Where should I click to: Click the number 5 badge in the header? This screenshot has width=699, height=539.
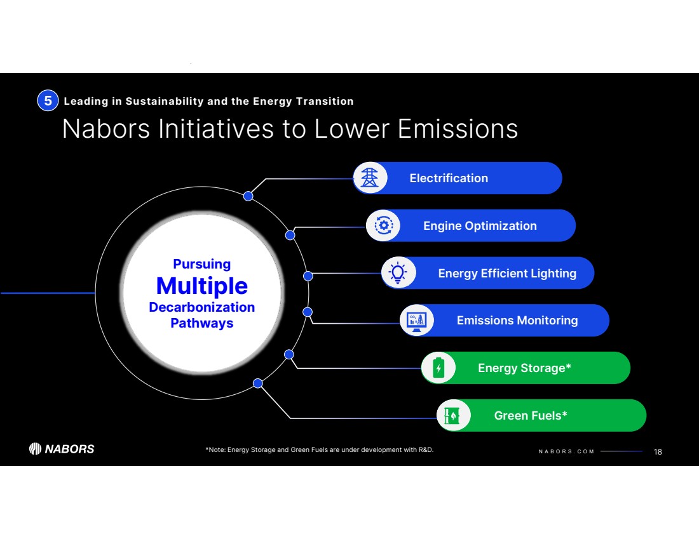(48, 101)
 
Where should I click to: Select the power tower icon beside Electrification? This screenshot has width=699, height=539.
(370, 178)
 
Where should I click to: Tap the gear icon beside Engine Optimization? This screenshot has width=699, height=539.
(383, 225)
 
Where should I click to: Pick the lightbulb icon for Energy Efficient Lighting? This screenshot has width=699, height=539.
(398, 272)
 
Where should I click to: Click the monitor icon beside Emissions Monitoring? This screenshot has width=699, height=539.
(417, 321)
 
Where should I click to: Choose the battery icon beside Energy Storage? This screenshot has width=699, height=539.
(438, 368)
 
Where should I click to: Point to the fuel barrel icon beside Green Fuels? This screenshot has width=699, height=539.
(452, 416)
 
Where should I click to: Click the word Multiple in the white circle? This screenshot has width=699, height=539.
(202, 286)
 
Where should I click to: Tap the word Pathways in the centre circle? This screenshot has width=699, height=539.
(202, 323)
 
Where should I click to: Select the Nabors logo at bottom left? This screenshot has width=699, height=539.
(62, 449)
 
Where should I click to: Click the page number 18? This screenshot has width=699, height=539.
(658, 451)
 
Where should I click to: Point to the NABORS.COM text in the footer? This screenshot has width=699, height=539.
(566, 451)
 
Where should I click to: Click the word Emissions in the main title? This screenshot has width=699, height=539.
(458, 129)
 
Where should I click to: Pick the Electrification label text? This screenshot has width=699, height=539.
(449, 178)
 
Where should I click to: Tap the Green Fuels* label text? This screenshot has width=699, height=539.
(531, 416)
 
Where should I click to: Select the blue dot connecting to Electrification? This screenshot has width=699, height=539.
(248, 196)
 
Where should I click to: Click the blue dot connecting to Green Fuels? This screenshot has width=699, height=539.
(257, 383)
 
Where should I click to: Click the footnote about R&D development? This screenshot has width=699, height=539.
(319, 450)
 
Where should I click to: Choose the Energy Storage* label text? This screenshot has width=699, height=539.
(524, 368)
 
